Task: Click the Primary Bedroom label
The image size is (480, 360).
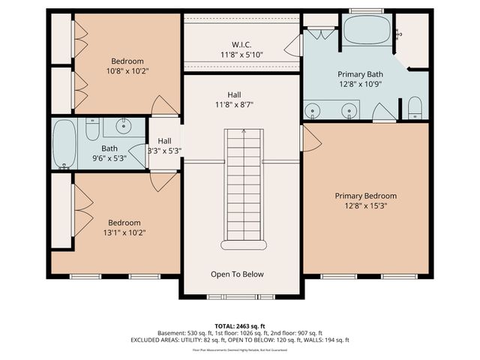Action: pyautogui.click(x=365, y=196)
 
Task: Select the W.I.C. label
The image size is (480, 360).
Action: pyautogui.click(x=241, y=45)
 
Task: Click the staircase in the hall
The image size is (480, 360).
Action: pyautogui.click(x=241, y=187)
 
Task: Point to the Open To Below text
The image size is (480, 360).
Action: pyautogui.click(x=237, y=274)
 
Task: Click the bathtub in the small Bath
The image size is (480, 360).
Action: pyautogui.click(x=64, y=143)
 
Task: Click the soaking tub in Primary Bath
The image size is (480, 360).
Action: pyautogui.click(x=367, y=31)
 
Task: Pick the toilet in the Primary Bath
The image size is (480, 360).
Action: pyautogui.click(x=415, y=109)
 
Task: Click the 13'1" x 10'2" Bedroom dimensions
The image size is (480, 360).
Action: pyautogui.click(x=124, y=232)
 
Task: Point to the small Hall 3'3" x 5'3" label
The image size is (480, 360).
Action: pyautogui.click(x=164, y=145)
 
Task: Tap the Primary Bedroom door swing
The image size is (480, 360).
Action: pyautogui.click(x=309, y=139)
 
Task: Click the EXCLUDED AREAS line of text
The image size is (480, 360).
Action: pyautogui.click(x=239, y=340)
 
